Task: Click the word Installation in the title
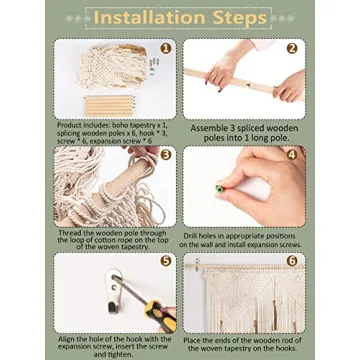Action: pos(148,18)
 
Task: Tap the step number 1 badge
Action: pos(166,49)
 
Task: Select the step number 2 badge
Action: pos(292,49)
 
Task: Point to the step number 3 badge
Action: pos(166,155)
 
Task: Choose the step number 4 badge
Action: pos(292,155)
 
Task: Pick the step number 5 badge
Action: pos(166,260)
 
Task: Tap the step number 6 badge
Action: pos(292,260)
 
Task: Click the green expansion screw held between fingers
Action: pos(220,189)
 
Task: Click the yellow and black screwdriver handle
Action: pos(160,315)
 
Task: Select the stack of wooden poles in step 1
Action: pos(109,106)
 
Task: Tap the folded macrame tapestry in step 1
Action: pos(113,66)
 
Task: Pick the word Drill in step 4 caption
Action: pos(191,236)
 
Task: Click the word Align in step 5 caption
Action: pos(66,339)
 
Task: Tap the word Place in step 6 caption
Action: pos(192,341)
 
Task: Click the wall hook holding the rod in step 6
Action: pos(198,262)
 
